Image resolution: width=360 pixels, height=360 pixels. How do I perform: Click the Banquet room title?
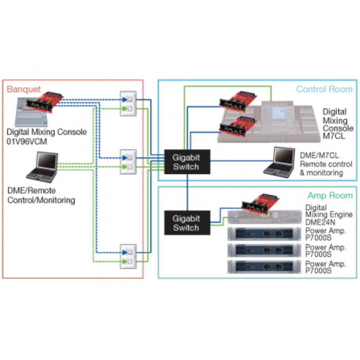(x=24, y=89)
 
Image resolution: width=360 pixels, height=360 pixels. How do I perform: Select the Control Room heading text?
(x=324, y=89)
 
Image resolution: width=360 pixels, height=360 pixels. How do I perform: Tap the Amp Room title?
(x=330, y=195)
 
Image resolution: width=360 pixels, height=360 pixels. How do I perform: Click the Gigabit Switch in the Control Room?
(x=187, y=162)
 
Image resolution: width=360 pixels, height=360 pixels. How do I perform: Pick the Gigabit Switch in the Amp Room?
(x=187, y=223)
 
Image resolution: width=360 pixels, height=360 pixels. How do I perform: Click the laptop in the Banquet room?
(x=42, y=167)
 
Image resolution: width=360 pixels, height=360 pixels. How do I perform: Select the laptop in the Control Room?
(x=279, y=162)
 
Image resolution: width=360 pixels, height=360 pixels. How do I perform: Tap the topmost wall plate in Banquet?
(x=128, y=103)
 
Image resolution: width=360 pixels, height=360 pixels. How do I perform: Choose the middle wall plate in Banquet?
(x=128, y=162)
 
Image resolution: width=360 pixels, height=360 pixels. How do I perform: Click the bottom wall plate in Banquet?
(x=128, y=256)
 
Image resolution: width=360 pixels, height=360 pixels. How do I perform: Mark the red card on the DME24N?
(x=261, y=204)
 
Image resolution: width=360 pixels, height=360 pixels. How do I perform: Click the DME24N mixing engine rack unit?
(x=265, y=217)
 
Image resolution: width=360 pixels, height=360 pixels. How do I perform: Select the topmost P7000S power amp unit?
(x=264, y=234)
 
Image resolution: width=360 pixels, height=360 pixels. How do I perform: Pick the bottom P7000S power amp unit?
(x=264, y=267)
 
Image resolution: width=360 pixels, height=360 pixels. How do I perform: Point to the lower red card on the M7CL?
(x=238, y=127)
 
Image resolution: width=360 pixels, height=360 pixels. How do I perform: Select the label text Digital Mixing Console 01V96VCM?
(x=47, y=137)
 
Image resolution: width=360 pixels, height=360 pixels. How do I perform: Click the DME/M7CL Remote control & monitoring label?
(x=326, y=164)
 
